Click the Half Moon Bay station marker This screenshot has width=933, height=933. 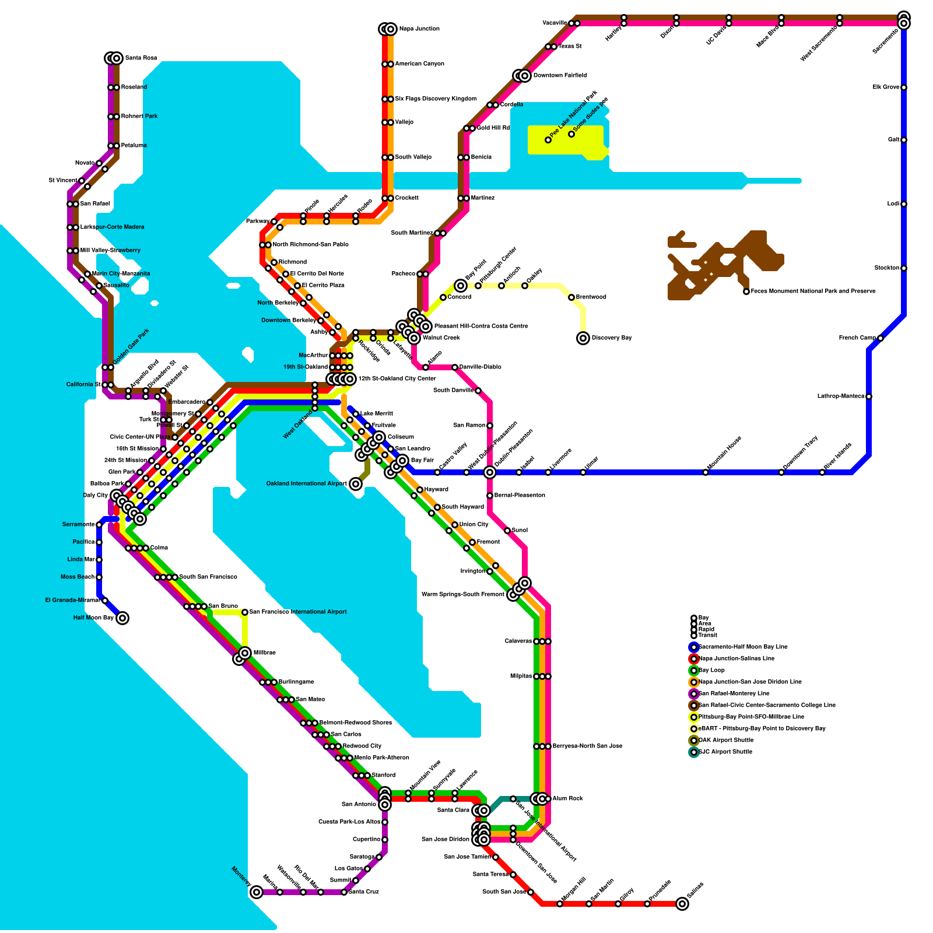pyautogui.click(x=122, y=618)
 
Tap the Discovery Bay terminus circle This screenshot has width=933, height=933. pyautogui.click(x=583, y=338)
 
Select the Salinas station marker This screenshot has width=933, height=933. pyautogui.click(x=682, y=904)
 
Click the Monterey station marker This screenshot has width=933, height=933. pyautogui.click(x=257, y=892)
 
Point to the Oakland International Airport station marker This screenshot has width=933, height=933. pyautogui.click(x=356, y=484)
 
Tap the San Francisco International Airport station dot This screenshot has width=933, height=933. pyautogui.click(x=245, y=612)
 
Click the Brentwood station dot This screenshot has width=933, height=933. pyautogui.click(x=571, y=297)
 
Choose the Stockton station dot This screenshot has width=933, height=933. pyautogui.click(x=904, y=268)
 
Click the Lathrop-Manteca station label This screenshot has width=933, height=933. pyautogui.click(x=840, y=397)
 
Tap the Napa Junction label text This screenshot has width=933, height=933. pyautogui.click(x=419, y=29)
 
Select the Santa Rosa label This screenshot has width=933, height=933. pyautogui.click(x=141, y=58)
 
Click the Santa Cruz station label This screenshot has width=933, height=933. pyautogui.click(x=364, y=892)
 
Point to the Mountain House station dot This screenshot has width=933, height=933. pyautogui.click(x=706, y=472)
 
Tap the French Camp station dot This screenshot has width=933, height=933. pyautogui.click(x=881, y=338)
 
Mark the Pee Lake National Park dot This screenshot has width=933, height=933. pyautogui.click(x=548, y=140)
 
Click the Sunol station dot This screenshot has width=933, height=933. pyautogui.click(x=507, y=531)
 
